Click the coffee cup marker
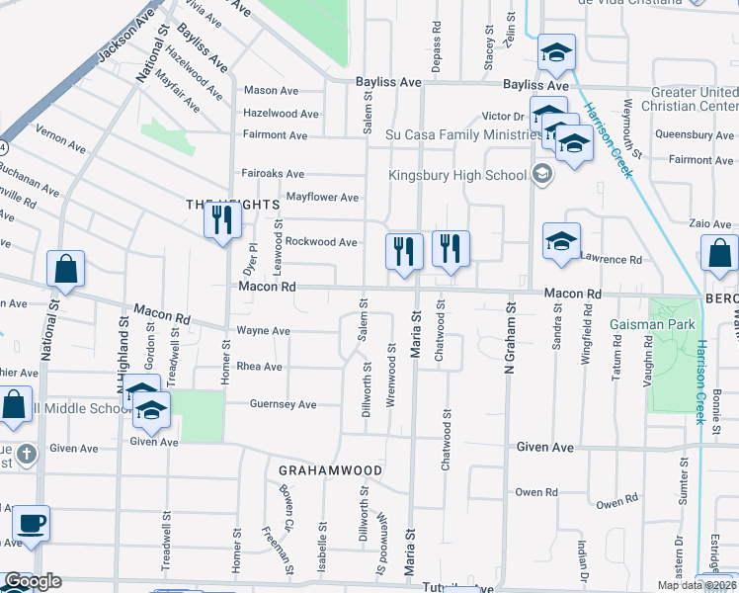click(x=30, y=525)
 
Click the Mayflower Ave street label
click(x=322, y=197)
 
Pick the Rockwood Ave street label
click(x=321, y=242)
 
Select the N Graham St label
click(x=510, y=375)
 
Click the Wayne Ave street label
click(x=263, y=331)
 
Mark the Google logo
click(x=33, y=581)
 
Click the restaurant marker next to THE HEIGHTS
click(x=222, y=219)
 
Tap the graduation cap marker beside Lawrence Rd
click(x=560, y=242)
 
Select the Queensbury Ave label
click(x=691, y=134)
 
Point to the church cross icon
click(x=27, y=454)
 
